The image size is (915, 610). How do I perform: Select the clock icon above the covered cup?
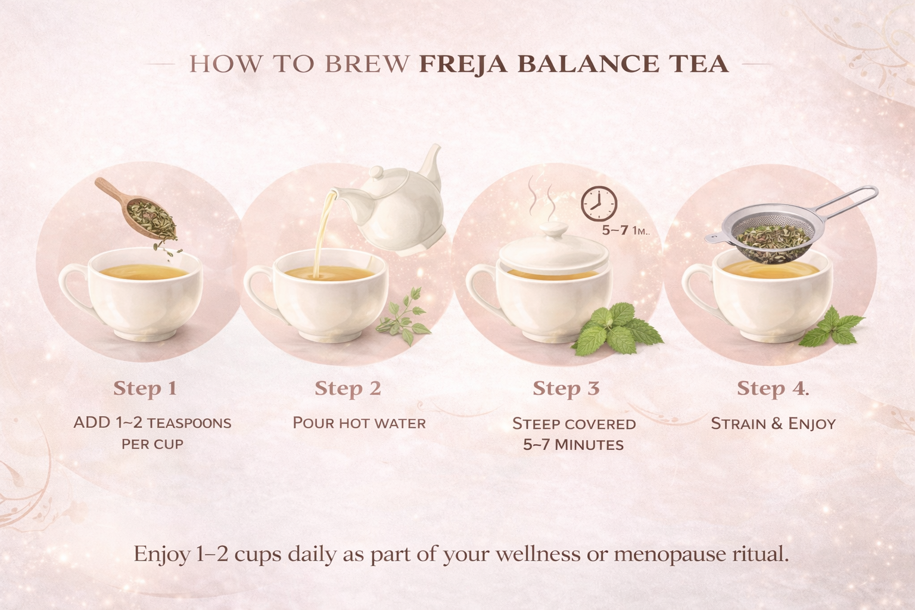click(599, 203)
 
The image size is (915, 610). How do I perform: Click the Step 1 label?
click(145, 388)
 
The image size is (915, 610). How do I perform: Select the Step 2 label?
click(347, 388)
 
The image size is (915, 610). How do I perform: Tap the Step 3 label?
click(566, 388)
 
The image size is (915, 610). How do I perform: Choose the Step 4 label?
click(773, 388)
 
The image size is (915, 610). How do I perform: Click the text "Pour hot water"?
click(359, 424)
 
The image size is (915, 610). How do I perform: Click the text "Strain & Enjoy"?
click(773, 424)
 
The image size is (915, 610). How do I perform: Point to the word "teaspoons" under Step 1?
click(189, 424)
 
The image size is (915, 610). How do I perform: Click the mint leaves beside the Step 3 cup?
click(611, 331)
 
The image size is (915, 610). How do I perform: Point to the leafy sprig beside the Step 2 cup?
click(405, 322)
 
